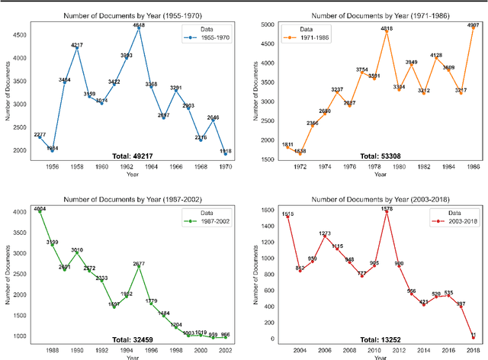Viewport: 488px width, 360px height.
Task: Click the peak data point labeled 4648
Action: click(139, 29)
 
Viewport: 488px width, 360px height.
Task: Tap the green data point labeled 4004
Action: click(40, 211)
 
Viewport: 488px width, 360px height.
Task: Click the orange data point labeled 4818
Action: click(387, 31)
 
